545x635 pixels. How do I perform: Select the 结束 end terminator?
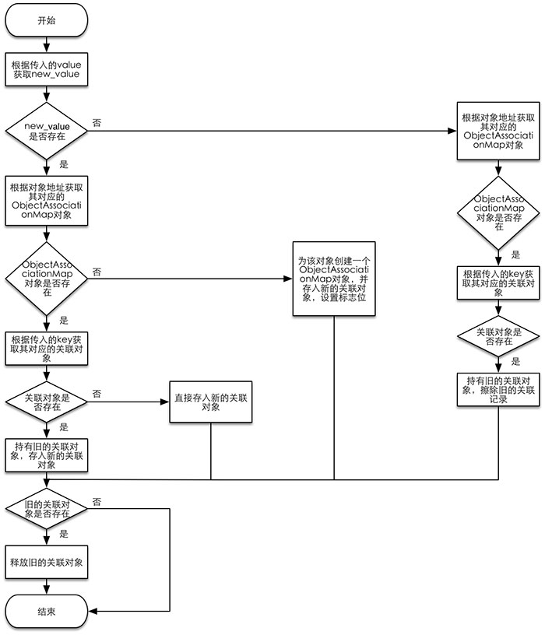coord(47,611)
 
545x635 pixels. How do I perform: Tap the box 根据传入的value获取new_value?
coord(47,71)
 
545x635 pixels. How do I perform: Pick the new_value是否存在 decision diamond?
coord(47,130)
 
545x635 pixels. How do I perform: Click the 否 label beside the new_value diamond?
coord(97,123)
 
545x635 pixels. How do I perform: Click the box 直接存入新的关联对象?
coord(211,402)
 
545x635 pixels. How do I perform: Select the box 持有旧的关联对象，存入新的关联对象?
coord(47,454)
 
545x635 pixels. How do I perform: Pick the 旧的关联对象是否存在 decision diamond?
coord(47,508)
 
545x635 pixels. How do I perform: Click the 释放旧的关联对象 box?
coord(47,561)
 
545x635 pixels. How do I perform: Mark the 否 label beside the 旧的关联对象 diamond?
coord(97,501)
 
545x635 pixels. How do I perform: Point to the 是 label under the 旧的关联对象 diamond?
coord(64,535)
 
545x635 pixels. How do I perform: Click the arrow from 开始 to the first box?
coord(47,44)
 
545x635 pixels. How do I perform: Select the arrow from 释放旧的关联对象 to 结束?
coord(47,587)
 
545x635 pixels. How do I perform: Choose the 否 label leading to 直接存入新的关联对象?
coord(97,395)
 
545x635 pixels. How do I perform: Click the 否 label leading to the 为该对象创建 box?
coord(97,271)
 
